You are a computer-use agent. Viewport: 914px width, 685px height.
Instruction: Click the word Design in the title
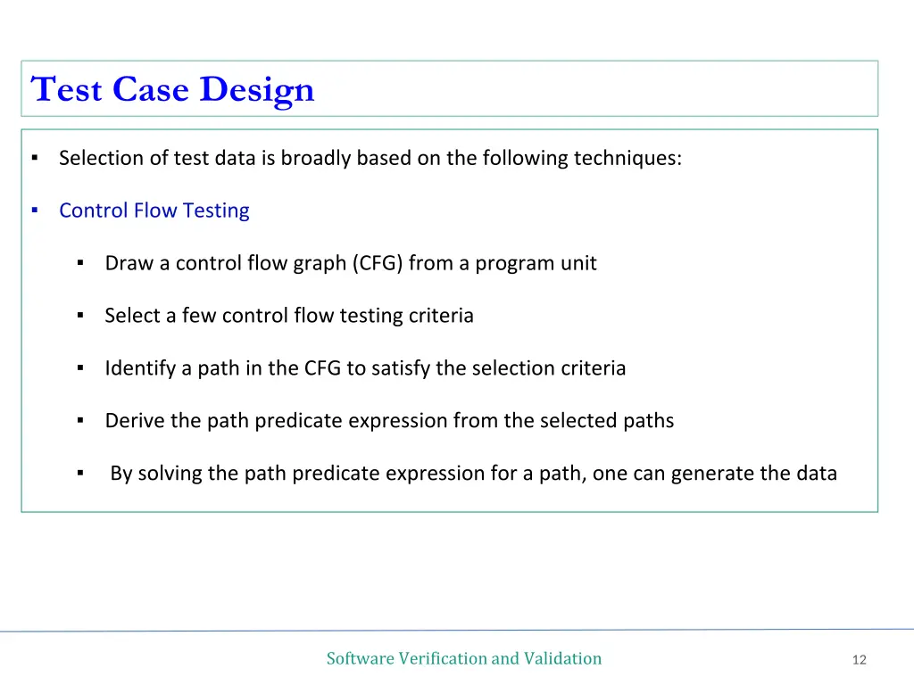(x=256, y=89)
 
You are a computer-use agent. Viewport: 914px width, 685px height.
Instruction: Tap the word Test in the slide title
(x=67, y=89)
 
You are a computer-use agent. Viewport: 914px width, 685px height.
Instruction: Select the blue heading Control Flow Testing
(x=154, y=210)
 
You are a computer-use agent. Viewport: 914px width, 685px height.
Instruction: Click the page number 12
(x=859, y=660)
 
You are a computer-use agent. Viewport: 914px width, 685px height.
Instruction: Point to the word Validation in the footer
(x=562, y=658)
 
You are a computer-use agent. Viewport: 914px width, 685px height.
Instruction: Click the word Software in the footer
(x=360, y=658)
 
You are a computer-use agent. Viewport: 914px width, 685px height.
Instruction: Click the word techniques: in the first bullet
(x=627, y=158)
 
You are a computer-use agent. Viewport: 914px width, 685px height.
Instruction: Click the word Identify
(x=139, y=368)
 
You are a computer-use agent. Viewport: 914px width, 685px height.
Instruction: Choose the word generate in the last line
(x=712, y=474)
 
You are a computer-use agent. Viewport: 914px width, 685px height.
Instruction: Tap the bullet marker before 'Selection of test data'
(x=33, y=158)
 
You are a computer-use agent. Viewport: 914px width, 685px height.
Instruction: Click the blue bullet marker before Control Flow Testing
(x=33, y=210)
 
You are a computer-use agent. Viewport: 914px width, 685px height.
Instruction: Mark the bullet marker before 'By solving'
(x=79, y=474)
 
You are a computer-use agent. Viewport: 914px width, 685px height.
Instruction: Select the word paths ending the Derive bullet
(x=648, y=421)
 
